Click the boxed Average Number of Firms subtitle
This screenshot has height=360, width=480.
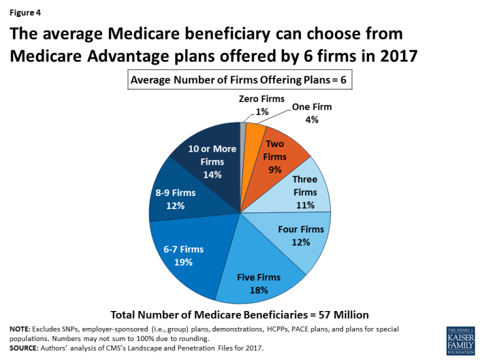coord(240,80)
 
